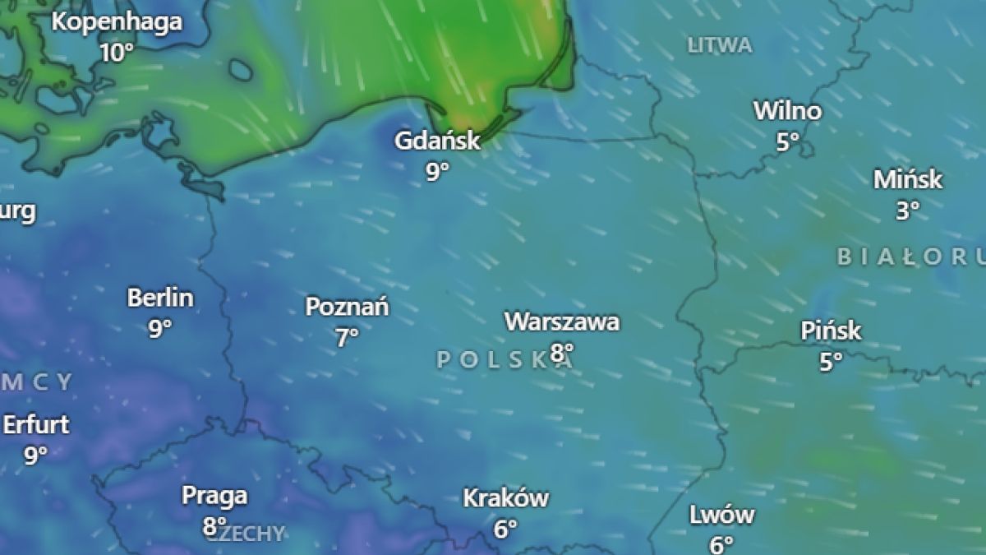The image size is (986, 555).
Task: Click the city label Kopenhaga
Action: [117, 22]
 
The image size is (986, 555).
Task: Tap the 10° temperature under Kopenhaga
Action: [117, 53]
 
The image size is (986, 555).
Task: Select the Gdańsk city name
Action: [436, 141]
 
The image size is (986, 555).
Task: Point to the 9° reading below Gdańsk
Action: [437, 171]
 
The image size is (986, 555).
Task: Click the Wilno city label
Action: [787, 111]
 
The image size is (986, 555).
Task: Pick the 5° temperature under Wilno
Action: [787, 141]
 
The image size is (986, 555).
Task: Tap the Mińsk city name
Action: [907, 180]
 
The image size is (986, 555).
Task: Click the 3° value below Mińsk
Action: [907, 210]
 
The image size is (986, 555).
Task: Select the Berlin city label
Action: [160, 298]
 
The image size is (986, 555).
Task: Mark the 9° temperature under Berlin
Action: [160, 328]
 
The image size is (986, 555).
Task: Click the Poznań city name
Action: [347, 308]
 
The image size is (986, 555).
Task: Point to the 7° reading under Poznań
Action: [347, 337]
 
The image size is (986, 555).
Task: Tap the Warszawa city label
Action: [562, 321]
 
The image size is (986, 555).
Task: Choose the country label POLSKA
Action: [503, 359]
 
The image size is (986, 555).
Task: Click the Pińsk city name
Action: [831, 331]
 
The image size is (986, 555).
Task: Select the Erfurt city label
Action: [36, 425]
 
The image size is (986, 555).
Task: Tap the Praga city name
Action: [214, 496]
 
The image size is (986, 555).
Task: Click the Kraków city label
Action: [505, 498]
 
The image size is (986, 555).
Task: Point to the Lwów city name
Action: [721, 516]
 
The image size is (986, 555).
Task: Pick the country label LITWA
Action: [720, 45]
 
